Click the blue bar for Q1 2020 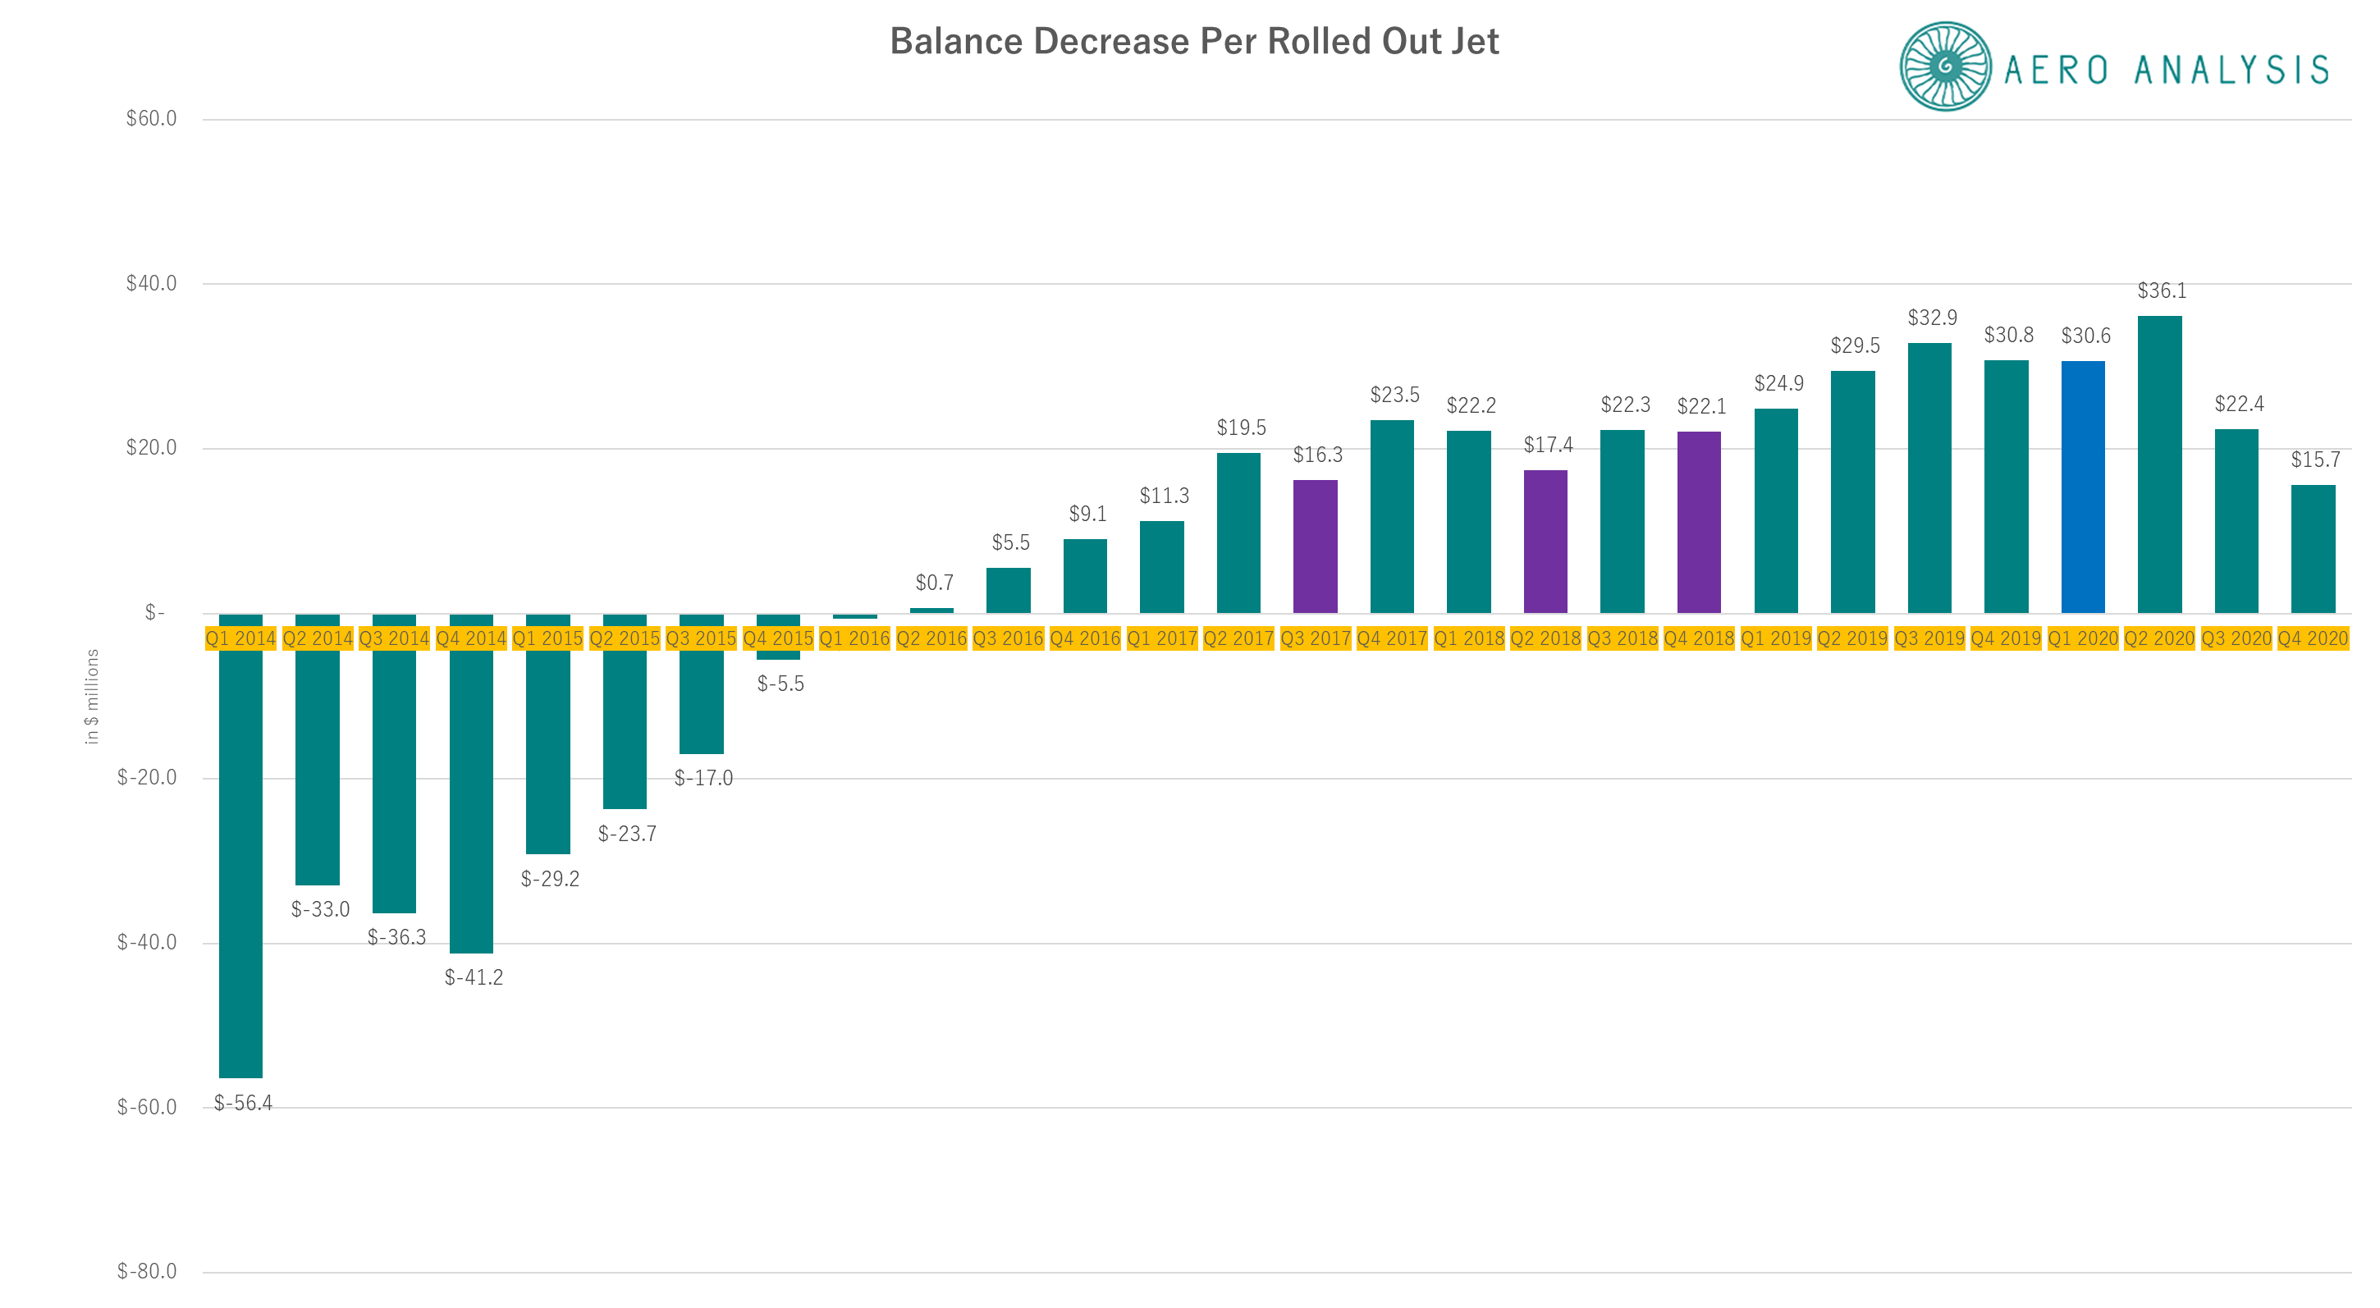(2083, 487)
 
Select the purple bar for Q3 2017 (1315, 546)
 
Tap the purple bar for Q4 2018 (1698, 522)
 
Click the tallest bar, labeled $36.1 (2159, 464)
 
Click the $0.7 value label (934, 583)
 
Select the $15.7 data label (2315, 460)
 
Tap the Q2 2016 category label (931, 638)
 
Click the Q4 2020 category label (2313, 638)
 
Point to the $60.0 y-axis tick (152, 118)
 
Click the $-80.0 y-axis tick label (147, 1271)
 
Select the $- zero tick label (155, 612)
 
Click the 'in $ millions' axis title (91, 696)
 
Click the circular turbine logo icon (1945, 66)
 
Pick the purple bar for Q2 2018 (1545, 542)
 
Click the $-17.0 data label (703, 778)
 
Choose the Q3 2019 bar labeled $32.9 (1929, 478)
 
